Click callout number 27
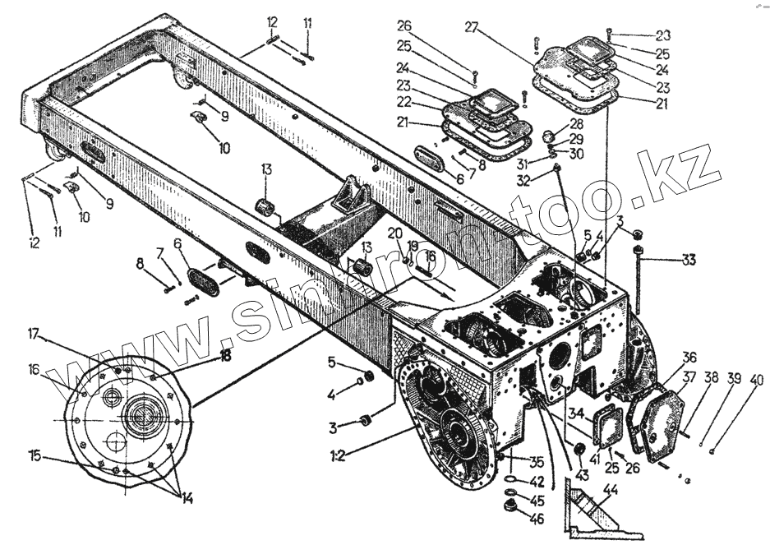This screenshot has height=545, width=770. coord(472,27)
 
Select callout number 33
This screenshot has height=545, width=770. coord(687,261)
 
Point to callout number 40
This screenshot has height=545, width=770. coord(754,381)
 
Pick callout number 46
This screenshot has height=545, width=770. coord(537,520)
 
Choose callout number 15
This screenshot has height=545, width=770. coord(34,455)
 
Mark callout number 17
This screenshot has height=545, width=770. coord(34,334)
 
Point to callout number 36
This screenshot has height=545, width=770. coord(689,357)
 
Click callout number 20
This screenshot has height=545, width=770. coord(395,233)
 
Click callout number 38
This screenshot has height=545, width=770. coord(711,379)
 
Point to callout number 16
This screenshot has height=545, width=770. coord(34,370)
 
